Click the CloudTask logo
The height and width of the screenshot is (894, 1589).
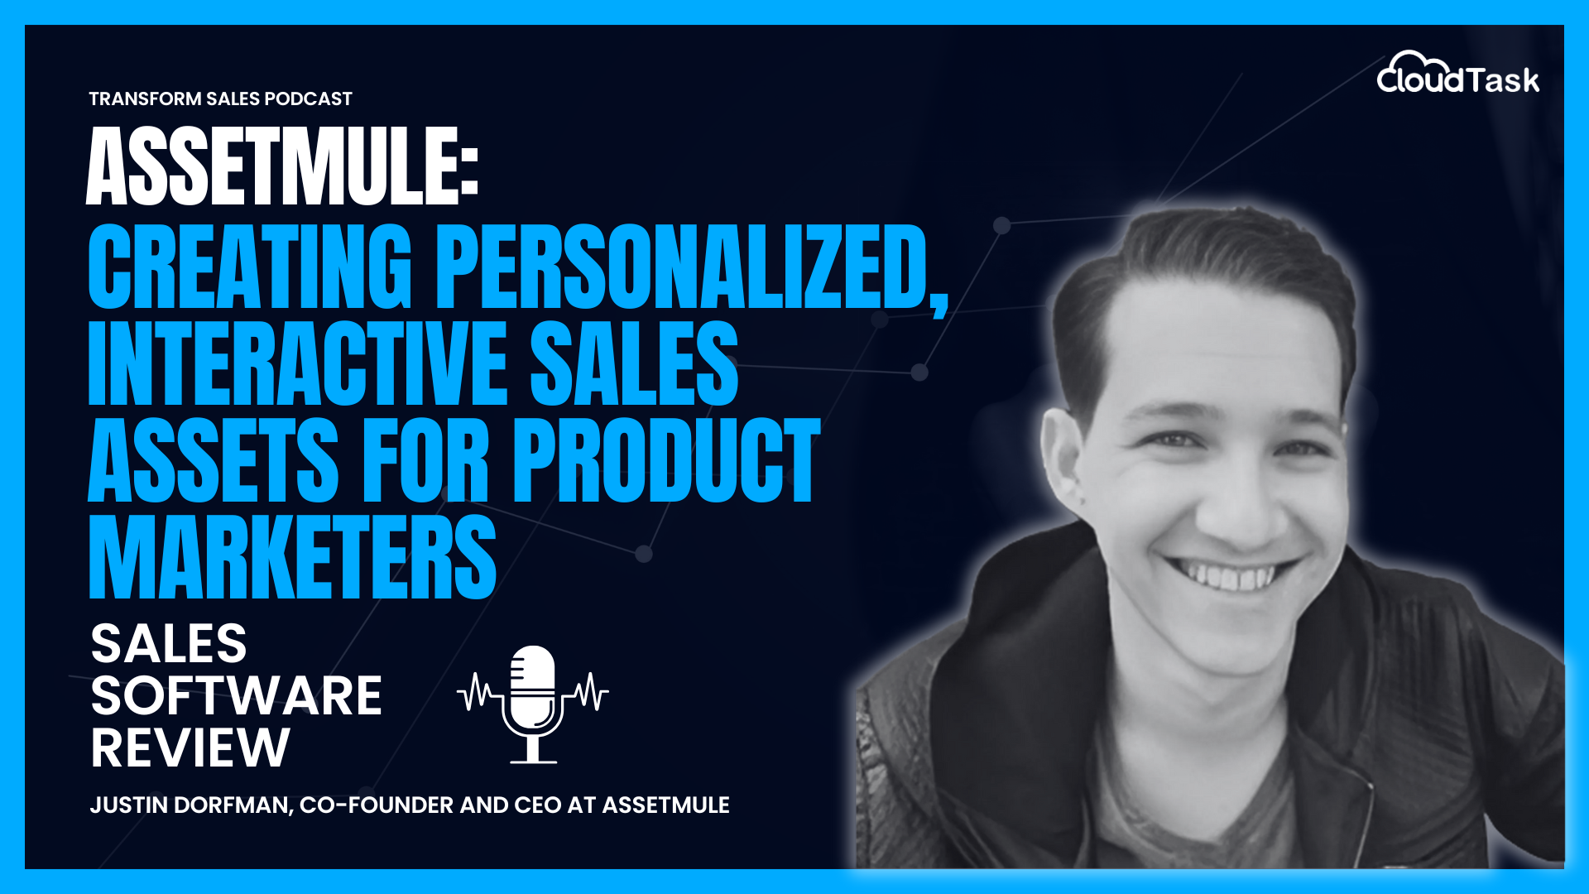pyautogui.click(x=1457, y=74)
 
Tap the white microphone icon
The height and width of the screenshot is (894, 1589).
pyautogui.click(x=533, y=703)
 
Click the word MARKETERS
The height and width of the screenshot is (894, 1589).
pyautogui.click(x=292, y=555)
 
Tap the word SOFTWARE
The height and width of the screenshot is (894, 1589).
pyautogui.click(x=236, y=695)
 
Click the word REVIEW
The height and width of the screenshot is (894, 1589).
pyautogui.click(x=190, y=747)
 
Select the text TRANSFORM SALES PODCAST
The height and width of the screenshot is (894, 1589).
pyautogui.click(x=220, y=99)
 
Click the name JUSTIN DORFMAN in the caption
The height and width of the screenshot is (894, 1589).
pyautogui.click(x=190, y=805)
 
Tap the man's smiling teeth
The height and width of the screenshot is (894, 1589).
pyautogui.click(x=1228, y=574)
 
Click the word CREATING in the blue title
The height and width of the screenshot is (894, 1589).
pyautogui.click(x=249, y=267)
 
